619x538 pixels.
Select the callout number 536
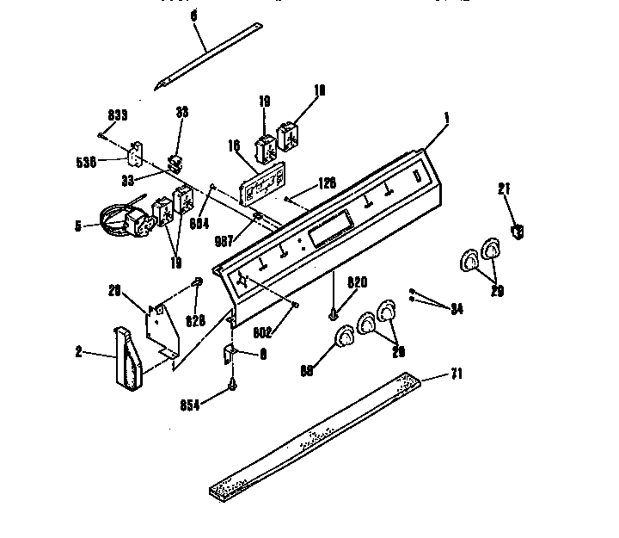(109, 160)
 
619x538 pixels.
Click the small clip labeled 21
(517, 230)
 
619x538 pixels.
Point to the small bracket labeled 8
(230, 352)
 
